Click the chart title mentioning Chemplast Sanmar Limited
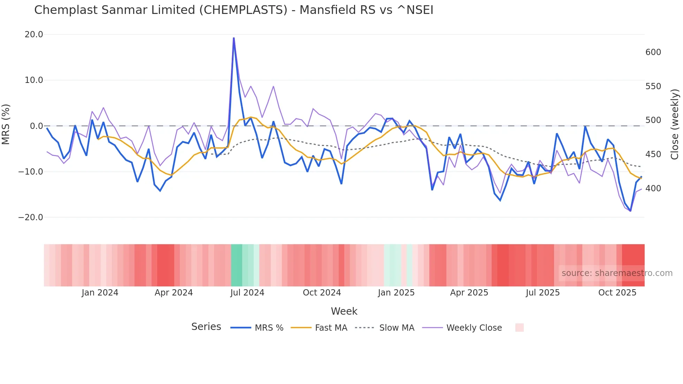(x=233, y=10)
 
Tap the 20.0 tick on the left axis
(x=34, y=34)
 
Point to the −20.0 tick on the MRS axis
(x=31, y=217)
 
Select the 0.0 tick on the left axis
(x=36, y=126)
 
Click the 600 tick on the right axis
(x=653, y=52)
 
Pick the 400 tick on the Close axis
(x=653, y=189)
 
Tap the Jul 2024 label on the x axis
(x=247, y=293)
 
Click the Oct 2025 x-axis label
(x=617, y=293)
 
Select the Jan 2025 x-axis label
(x=396, y=293)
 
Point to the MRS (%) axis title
(x=6, y=124)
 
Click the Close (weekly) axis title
(x=675, y=124)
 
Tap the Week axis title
(x=344, y=311)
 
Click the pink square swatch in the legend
(x=519, y=328)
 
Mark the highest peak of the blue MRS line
(x=234, y=38)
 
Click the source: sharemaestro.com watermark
(x=617, y=273)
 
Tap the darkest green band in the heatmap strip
(x=236, y=265)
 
